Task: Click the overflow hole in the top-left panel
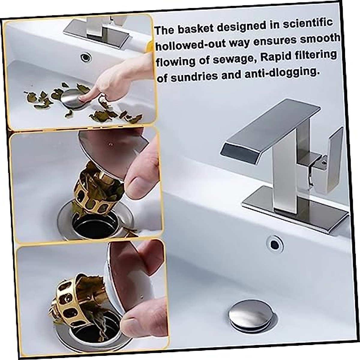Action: pyautogui.click(x=86, y=57)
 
